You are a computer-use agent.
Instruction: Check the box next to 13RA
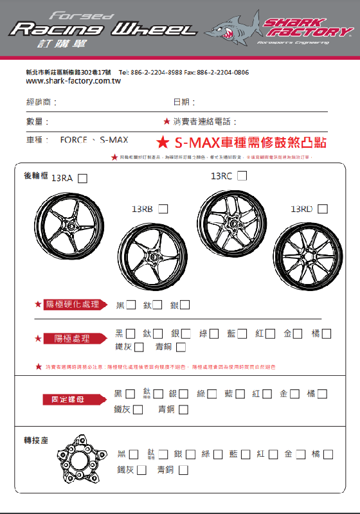(x=82, y=179)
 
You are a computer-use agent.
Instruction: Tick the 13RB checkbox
(x=163, y=209)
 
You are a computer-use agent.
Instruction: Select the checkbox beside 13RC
(x=242, y=176)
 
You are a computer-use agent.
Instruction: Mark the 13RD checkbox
(x=323, y=209)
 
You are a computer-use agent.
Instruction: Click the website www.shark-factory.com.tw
(x=73, y=82)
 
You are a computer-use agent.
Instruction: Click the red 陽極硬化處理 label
(x=76, y=304)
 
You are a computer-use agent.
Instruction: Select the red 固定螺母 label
(x=75, y=400)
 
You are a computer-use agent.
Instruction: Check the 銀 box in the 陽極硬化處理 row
(x=185, y=305)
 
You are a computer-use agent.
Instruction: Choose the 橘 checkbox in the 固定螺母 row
(x=322, y=394)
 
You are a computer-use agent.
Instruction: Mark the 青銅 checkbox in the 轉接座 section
(x=183, y=470)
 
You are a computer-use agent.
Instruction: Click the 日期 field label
(x=184, y=102)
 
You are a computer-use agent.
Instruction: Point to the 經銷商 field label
(x=41, y=102)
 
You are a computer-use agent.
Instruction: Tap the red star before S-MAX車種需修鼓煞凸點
(x=163, y=141)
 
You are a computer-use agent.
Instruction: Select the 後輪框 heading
(x=36, y=175)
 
